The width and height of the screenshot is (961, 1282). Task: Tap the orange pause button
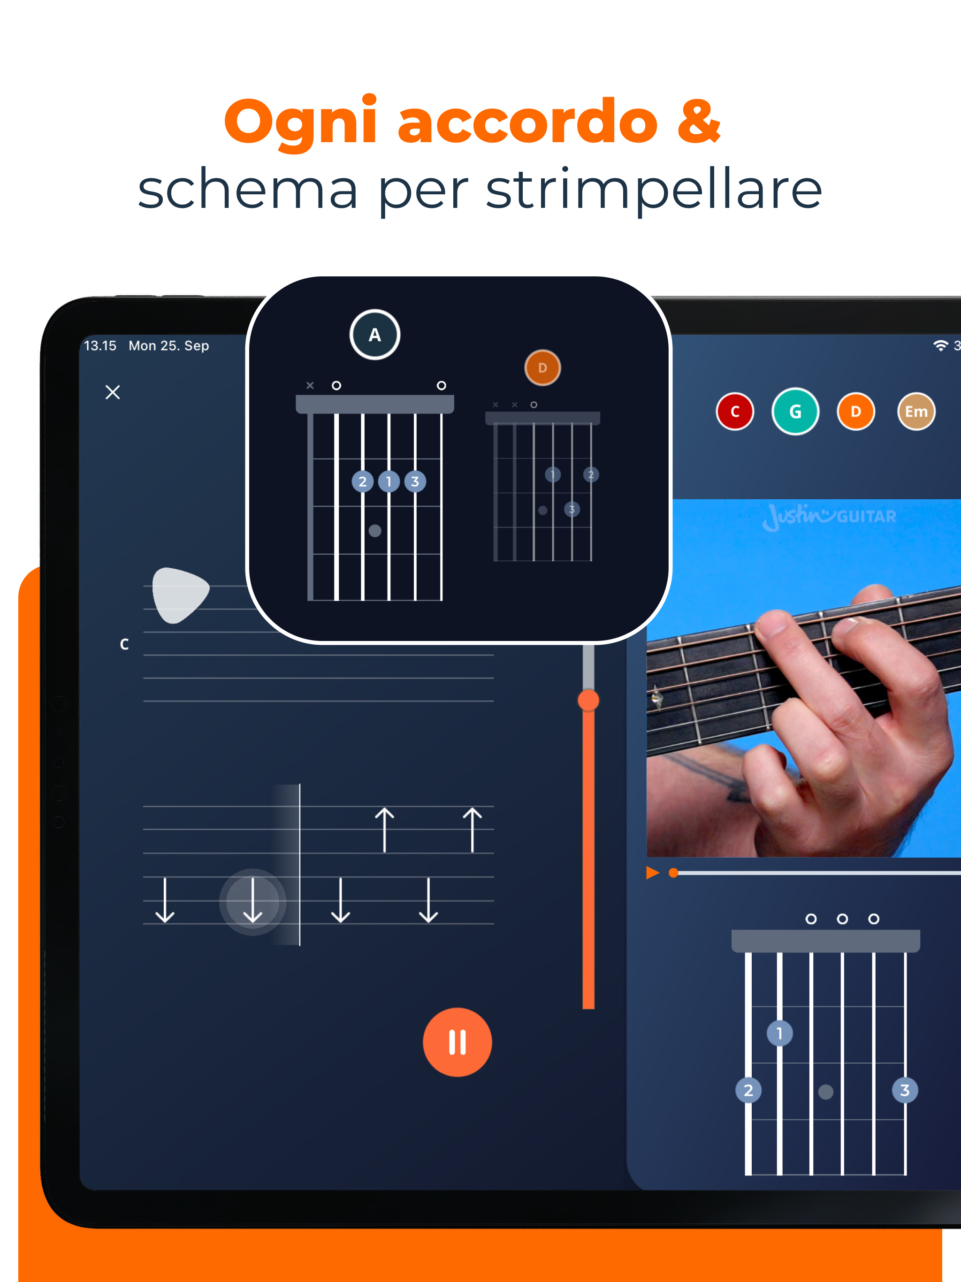[458, 1042]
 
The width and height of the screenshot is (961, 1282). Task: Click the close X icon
[113, 392]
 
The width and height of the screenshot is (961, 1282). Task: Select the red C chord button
[735, 412]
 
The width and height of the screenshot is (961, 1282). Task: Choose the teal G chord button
[795, 412]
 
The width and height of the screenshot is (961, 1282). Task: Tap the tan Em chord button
[916, 412]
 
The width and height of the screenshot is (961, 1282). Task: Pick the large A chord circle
[375, 335]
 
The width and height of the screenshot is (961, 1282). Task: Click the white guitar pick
[179, 595]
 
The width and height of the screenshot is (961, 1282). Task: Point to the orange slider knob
[588, 700]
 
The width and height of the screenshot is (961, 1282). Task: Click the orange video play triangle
[653, 873]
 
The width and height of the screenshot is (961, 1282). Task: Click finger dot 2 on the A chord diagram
[362, 481]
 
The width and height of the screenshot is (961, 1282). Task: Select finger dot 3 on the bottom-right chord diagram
[905, 1090]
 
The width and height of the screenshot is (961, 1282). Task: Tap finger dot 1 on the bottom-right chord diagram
[779, 1033]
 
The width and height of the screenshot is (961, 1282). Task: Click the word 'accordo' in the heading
[528, 122]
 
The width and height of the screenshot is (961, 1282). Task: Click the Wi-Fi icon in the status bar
[941, 346]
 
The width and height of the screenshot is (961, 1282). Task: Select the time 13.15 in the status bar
[100, 346]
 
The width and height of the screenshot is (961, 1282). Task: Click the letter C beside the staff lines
[124, 644]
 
